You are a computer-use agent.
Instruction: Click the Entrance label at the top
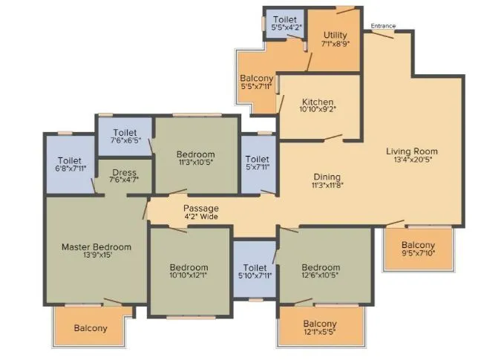tap(383, 26)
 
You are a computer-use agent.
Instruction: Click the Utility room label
tap(336, 34)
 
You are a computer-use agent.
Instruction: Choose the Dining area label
tap(327, 177)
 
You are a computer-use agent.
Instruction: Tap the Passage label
tap(201, 209)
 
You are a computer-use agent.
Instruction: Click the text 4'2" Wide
tap(201, 218)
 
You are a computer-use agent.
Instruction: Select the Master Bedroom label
tap(96, 247)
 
